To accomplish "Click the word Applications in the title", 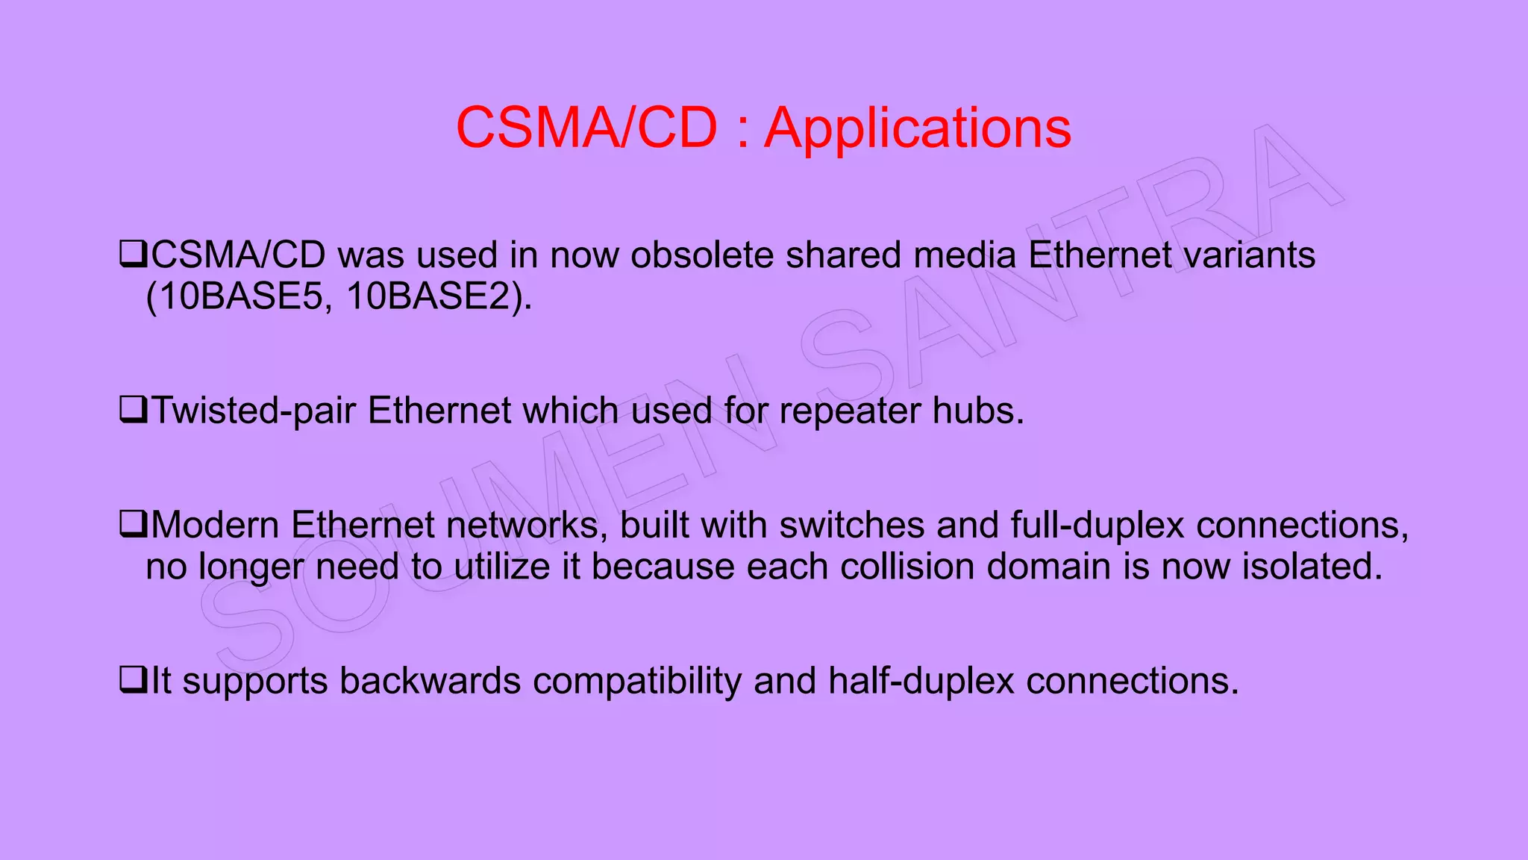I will [x=918, y=128].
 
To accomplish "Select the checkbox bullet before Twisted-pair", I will [x=133, y=410].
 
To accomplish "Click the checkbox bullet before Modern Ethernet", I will [x=133, y=524].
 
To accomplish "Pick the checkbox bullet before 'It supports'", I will [x=133, y=680].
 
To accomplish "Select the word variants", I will [x=1250, y=255].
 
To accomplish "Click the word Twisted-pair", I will [x=254, y=411].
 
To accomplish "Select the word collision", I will [x=907, y=567].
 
